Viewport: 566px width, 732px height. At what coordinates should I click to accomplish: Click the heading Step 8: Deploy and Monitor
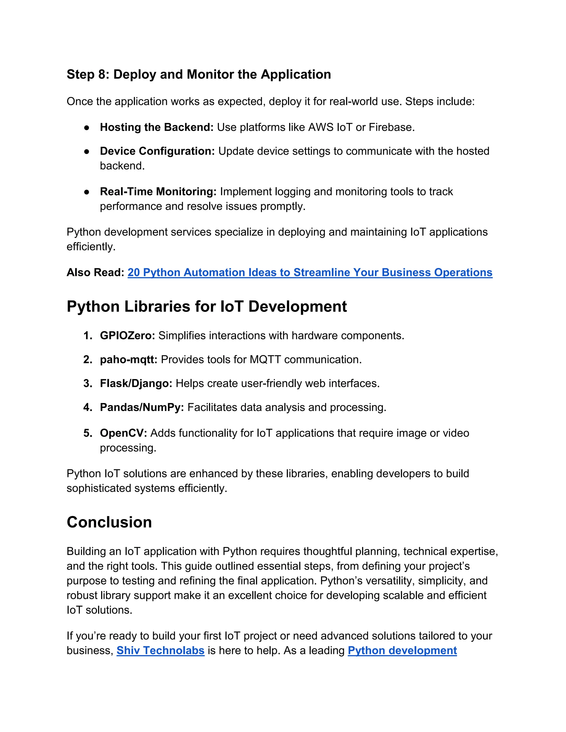pyautogui.click(x=198, y=74)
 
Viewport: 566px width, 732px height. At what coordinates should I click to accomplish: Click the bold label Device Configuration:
pyautogui.click(x=157, y=151)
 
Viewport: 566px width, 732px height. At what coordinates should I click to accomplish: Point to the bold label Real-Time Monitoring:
pyautogui.click(x=158, y=192)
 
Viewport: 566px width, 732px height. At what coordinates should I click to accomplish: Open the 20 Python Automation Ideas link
pyautogui.click(x=310, y=272)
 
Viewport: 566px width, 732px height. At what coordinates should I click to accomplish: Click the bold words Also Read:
pyautogui.click(x=95, y=272)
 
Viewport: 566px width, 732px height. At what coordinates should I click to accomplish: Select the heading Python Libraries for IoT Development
pyautogui.click(x=206, y=307)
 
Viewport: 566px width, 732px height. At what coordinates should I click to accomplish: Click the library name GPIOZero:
pyautogui.click(x=127, y=336)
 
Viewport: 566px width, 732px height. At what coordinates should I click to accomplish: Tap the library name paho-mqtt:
pyautogui.click(x=129, y=360)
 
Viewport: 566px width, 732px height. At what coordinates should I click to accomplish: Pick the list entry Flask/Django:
pyautogui.click(x=136, y=383)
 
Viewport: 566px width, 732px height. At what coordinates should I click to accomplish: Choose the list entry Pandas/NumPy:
pyautogui.click(x=142, y=407)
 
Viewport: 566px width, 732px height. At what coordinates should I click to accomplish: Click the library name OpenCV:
pyautogui.click(x=123, y=433)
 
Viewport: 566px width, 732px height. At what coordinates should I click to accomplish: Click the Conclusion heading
pyautogui.click(x=109, y=522)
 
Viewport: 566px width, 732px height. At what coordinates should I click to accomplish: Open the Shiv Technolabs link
pyautogui.click(x=160, y=651)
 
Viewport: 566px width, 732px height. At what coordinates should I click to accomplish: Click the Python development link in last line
pyautogui.click(x=402, y=651)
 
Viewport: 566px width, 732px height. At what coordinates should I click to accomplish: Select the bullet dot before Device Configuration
pyautogui.click(x=87, y=151)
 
